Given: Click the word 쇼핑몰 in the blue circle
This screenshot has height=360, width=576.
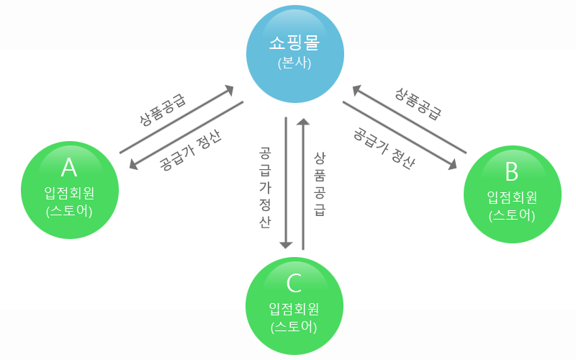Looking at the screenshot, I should click(294, 45).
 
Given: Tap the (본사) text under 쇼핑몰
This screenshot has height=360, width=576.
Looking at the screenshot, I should click(294, 63).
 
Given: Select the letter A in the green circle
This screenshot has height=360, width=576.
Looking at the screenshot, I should click(68, 168).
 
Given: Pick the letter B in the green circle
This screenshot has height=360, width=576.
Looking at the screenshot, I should click(511, 173).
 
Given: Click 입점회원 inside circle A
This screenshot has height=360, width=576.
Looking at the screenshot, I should click(68, 192).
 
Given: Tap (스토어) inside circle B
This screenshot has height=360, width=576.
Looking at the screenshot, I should click(511, 215).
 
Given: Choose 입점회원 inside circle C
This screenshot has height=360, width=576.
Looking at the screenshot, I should click(294, 309).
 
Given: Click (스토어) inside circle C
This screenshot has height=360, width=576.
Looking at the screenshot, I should click(294, 327).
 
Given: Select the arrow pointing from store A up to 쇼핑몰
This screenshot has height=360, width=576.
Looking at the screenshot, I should click(176, 120).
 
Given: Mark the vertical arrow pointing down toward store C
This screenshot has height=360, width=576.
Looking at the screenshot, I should click(286, 183).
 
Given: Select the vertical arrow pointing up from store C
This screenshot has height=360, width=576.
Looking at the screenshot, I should click(303, 183).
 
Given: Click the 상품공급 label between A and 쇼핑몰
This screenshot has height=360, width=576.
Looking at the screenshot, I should click(163, 108).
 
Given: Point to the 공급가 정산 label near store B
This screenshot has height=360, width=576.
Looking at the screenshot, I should click(384, 148).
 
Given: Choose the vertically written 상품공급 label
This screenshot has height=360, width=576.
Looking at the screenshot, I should click(320, 184).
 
